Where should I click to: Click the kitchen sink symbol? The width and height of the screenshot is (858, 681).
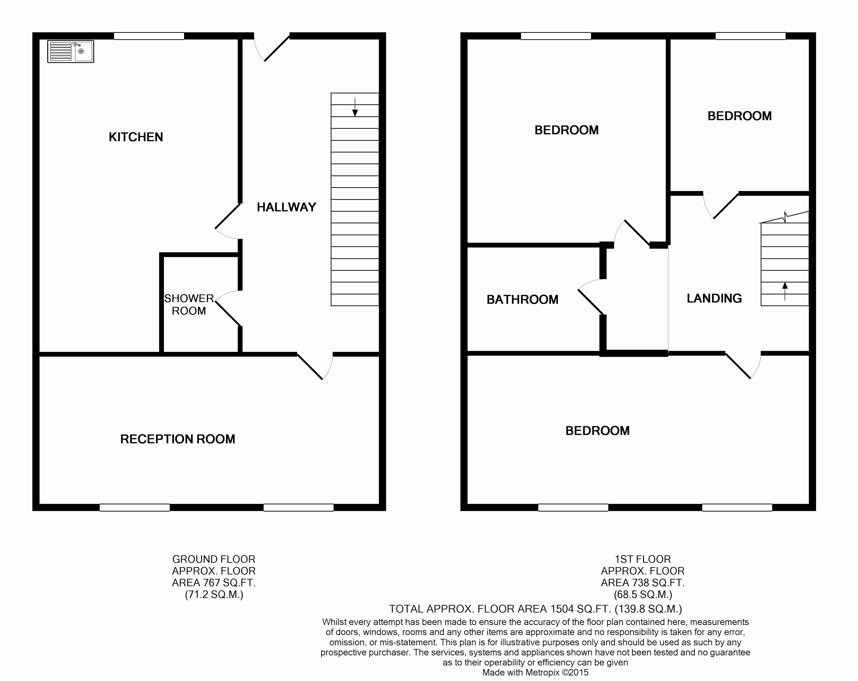(x=70, y=51)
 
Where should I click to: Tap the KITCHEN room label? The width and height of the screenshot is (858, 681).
(x=136, y=137)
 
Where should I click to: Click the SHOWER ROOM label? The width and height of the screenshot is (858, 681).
(x=189, y=304)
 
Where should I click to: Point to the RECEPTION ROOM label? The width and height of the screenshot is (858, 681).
(x=178, y=439)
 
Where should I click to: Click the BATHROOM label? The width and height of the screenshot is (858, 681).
(x=522, y=299)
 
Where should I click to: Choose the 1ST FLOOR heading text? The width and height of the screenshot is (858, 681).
(x=643, y=559)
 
